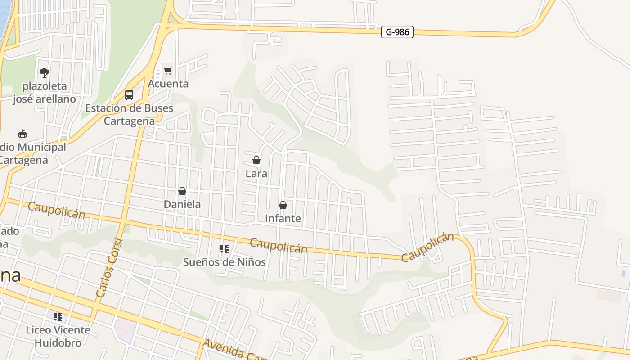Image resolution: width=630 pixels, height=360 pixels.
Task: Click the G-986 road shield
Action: click(x=397, y=32)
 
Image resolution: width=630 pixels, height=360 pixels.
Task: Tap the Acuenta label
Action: click(x=168, y=84)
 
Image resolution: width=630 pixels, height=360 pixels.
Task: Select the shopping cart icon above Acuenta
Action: click(x=168, y=71)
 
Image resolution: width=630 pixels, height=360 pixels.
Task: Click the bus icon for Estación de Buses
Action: click(x=129, y=95)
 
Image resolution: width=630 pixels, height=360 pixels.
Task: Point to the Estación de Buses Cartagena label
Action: click(x=129, y=115)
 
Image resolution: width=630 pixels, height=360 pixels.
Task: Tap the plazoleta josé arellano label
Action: click(x=44, y=92)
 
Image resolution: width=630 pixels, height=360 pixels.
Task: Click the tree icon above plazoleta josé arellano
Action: click(x=44, y=72)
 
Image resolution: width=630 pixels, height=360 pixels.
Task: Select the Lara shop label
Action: click(x=256, y=173)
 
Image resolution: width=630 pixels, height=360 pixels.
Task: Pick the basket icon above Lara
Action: click(x=256, y=160)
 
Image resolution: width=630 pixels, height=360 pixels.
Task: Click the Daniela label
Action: click(x=182, y=204)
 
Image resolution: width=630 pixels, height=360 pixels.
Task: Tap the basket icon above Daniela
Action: click(x=182, y=191)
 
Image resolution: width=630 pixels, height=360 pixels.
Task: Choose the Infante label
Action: click(x=283, y=219)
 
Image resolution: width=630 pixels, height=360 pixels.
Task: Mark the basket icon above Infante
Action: click(x=283, y=205)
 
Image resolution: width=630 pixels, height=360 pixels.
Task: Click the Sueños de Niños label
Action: click(x=224, y=262)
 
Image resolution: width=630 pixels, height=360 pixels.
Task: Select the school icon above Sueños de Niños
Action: click(x=224, y=249)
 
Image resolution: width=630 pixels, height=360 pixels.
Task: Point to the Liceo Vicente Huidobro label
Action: click(x=58, y=336)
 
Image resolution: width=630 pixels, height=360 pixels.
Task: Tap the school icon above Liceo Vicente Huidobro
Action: click(x=58, y=317)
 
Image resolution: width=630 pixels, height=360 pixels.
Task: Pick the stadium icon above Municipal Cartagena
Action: click(x=22, y=134)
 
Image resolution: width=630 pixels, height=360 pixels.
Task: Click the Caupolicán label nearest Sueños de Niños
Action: click(x=279, y=246)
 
